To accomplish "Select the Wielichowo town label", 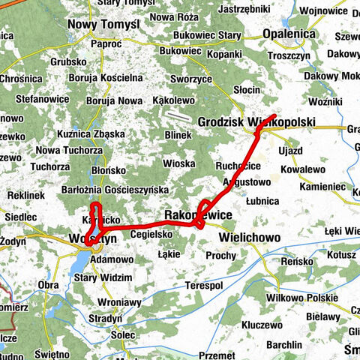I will (x=250, y=237).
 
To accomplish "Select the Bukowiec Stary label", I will (x=206, y=34).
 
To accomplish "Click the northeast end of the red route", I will (x=277, y=115).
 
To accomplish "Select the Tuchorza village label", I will (x=52, y=166).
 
